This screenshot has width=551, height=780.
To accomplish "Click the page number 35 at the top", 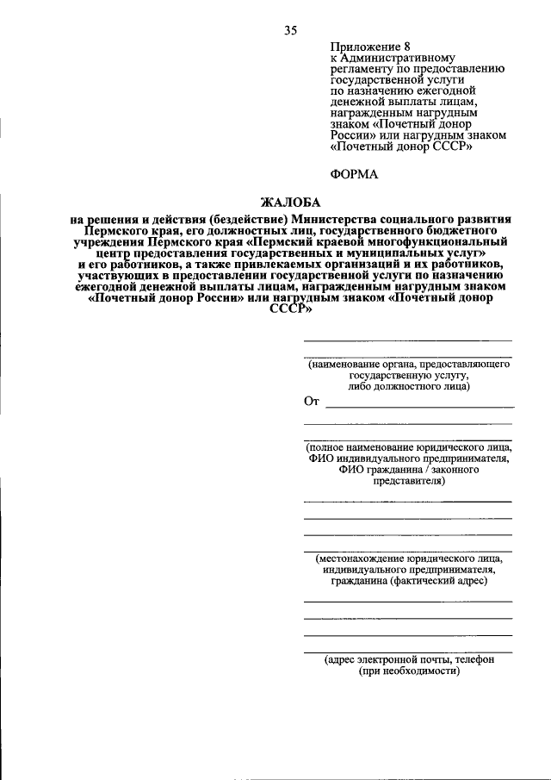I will pyautogui.click(x=290, y=30).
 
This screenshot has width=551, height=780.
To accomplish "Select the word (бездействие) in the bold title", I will pyautogui.click(x=244, y=220).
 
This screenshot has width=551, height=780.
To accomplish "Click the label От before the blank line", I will pyautogui.click(x=312, y=401).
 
